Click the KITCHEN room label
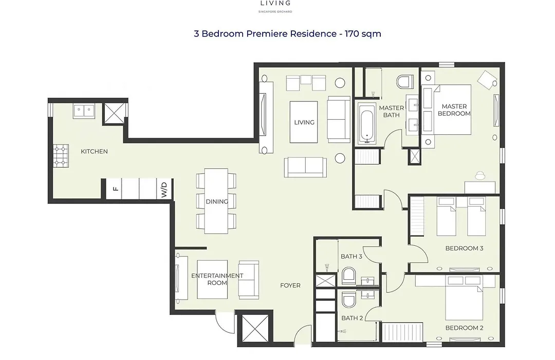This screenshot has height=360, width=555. click(94, 151)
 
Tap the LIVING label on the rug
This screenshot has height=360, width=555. click(304, 122)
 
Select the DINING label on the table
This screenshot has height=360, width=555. click(217, 201)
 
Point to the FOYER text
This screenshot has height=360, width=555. click(290, 285)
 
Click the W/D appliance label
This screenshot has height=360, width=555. click(164, 190)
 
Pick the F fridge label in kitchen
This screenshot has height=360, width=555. click(116, 189)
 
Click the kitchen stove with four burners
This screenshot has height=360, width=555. click(61, 156)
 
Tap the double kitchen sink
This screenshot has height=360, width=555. click(84, 111)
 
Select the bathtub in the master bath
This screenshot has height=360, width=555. click(366, 123)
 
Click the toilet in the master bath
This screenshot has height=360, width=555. click(405, 82)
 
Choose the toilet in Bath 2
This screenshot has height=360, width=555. click(348, 300)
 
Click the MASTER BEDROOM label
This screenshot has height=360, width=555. click(454, 110)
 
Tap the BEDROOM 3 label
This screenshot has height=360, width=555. click(464, 248)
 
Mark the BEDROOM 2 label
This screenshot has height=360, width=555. click(464, 328)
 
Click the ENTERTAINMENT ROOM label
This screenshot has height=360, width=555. click(217, 279)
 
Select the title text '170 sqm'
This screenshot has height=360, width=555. click(363, 33)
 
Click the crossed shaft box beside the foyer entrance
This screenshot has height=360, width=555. click(255, 328)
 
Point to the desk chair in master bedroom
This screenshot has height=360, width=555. click(480, 176)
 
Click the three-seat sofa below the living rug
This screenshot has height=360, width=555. click(305, 167)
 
